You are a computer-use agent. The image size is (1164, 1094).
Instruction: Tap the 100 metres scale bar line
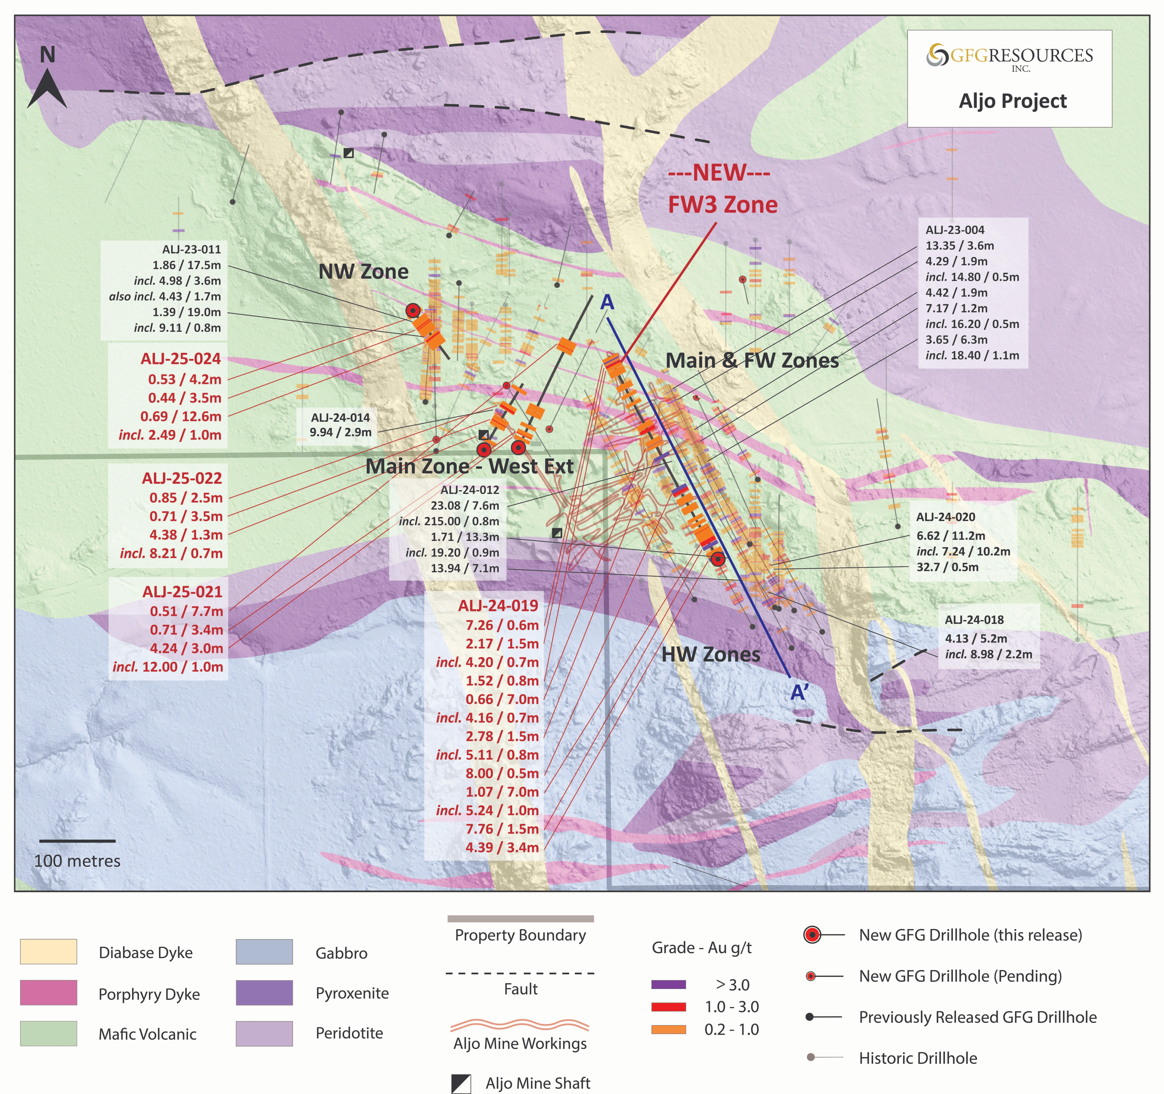tap(77, 841)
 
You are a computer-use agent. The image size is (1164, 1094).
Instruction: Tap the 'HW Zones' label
tap(711, 654)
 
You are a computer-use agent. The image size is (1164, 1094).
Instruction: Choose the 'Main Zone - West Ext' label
tap(470, 466)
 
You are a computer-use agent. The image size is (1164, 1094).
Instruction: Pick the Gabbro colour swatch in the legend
tap(264, 952)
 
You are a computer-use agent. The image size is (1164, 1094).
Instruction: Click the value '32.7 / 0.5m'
tap(947, 567)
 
